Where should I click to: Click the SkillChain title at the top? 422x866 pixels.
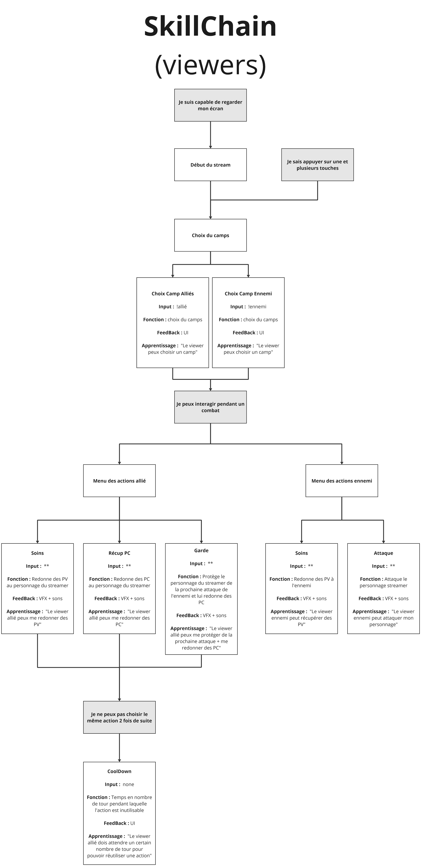pos(210,27)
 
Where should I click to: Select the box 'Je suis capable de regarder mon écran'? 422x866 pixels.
pos(210,105)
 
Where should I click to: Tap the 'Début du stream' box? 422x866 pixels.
pos(210,165)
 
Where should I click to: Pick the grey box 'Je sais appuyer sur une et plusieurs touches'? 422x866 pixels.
pos(317,165)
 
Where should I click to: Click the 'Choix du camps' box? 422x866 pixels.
pos(210,235)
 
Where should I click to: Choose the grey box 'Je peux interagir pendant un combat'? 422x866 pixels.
pos(210,407)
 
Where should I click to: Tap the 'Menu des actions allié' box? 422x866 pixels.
pos(119,481)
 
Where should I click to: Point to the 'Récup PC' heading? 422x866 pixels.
pos(119,553)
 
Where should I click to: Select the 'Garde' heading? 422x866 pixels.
pos(201,550)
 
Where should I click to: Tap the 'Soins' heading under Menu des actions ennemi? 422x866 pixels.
pos(301,553)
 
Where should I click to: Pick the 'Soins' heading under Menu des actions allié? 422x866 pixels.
pos(37,553)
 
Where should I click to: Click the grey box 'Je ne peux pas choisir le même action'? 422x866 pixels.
pos(119,717)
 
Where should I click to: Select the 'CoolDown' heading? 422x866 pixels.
pos(119,771)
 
